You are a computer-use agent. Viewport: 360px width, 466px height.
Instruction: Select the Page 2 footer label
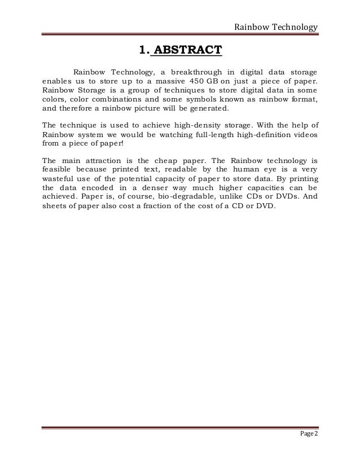309,433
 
